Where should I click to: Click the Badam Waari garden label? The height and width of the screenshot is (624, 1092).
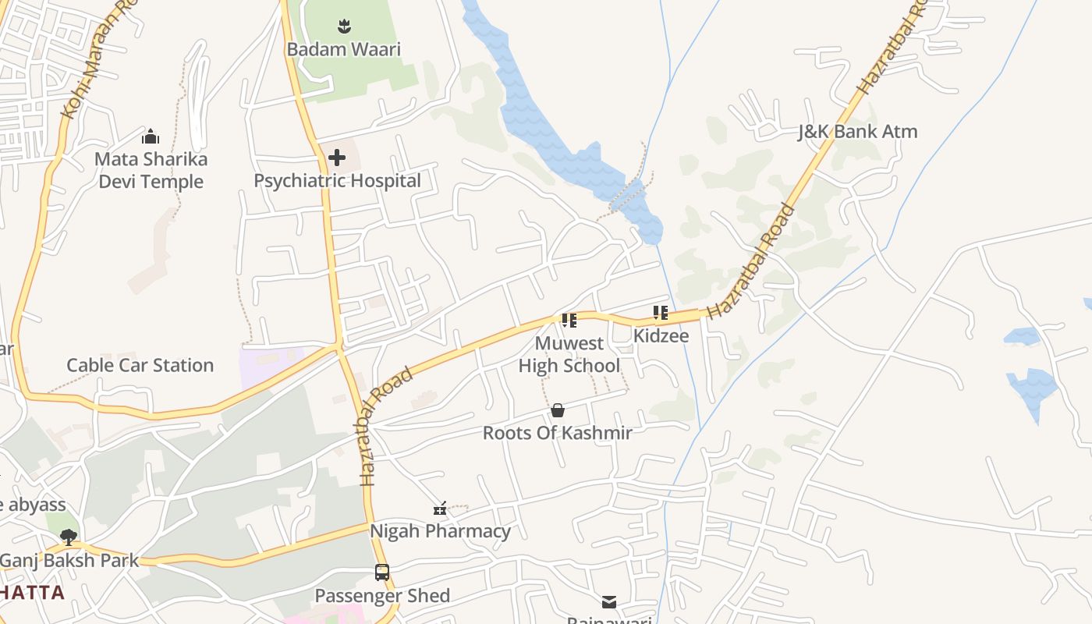coord(343,49)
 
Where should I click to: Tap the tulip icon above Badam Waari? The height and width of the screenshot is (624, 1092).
coord(344,27)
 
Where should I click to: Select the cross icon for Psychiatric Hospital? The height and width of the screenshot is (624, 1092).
coord(337,158)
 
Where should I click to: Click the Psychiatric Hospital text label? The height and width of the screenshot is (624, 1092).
coord(337,181)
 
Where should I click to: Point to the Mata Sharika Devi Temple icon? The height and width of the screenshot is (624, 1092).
coord(151,137)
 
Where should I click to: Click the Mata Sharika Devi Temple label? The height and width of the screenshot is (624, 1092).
coord(151,170)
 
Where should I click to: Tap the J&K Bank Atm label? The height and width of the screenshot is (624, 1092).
coord(857,132)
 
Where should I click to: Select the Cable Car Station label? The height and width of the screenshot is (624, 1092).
coord(140,365)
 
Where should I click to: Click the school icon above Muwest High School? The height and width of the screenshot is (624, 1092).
coord(569,321)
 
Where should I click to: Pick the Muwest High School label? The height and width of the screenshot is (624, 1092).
coord(569,354)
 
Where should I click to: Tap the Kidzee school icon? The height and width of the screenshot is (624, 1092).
coord(661,313)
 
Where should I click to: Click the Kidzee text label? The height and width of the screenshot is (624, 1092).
coord(661,335)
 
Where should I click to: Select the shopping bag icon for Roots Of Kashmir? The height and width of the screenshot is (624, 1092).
coord(558,410)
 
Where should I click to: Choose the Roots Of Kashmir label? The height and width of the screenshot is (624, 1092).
coord(557,433)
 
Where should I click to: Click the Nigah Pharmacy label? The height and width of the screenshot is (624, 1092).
coord(440,531)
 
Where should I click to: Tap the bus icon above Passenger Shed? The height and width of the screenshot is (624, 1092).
coord(382,573)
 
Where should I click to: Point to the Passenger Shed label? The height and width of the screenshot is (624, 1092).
coord(382,596)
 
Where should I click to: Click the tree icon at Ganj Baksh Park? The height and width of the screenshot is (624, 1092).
coord(69,537)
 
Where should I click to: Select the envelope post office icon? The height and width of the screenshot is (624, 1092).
coord(609,601)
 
